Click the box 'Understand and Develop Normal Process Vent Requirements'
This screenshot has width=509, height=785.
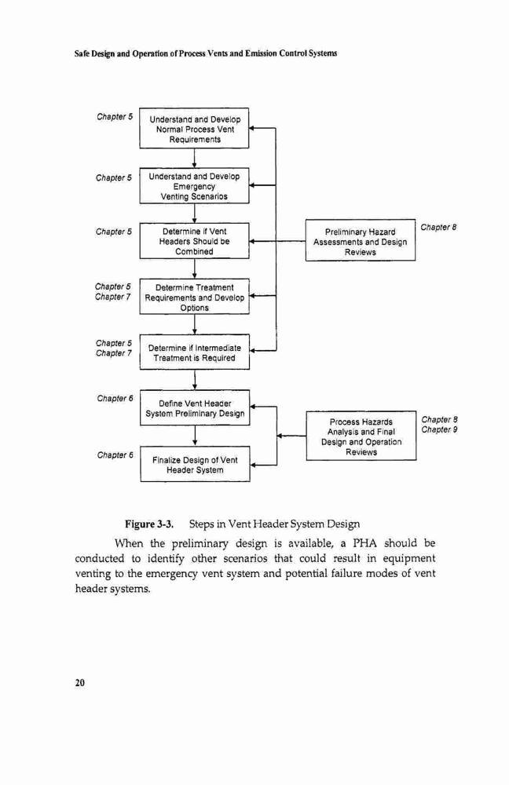194,128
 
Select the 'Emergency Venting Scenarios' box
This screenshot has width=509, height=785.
194,185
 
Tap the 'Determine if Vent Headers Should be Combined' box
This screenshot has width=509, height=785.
194,241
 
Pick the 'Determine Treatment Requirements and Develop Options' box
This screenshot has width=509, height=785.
194,297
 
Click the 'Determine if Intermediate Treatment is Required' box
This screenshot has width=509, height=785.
194,352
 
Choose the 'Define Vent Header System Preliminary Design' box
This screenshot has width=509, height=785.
194,408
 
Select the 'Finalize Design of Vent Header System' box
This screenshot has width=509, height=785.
195,464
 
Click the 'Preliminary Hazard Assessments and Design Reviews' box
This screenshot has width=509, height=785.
361,240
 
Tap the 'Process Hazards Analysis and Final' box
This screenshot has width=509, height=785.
361,436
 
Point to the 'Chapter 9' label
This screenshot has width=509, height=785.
439,429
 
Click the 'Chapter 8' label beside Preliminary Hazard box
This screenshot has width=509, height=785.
438,228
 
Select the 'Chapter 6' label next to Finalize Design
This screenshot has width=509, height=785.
115,455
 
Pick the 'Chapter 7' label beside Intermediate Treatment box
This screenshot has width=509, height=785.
114,353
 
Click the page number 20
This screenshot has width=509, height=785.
79,683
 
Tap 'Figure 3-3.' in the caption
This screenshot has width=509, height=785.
149,524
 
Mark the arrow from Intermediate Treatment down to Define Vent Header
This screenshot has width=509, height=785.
194,380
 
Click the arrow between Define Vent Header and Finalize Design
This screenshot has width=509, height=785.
194,436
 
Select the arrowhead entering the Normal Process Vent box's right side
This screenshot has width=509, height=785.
252,128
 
